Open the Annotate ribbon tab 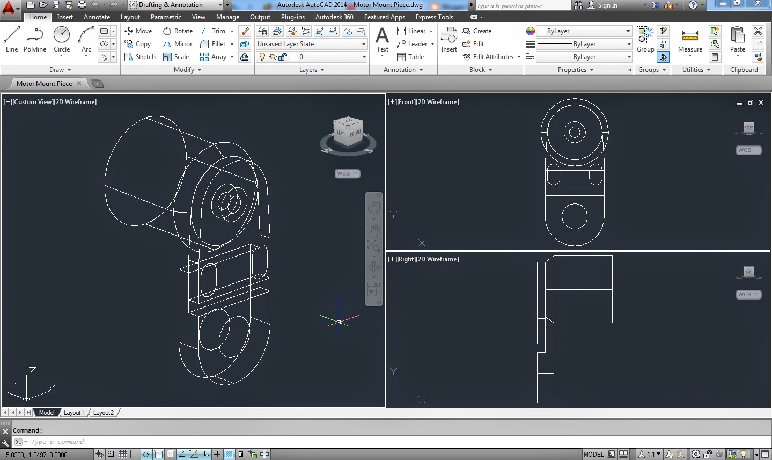coord(97,17)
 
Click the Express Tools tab coord(434,17)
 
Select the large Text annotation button coord(382,40)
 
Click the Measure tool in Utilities coord(690,40)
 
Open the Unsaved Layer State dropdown coord(311,44)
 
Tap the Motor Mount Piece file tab coord(44,84)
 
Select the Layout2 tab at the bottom coord(103,413)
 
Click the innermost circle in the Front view coord(575,132)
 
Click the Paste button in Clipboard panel coord(738,40)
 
